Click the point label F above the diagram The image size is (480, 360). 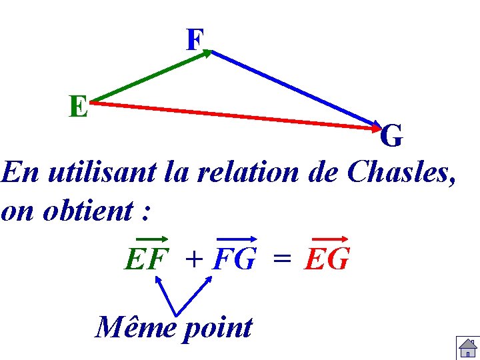click(x=194, y=40)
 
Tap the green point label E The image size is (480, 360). click(x=79, y=106)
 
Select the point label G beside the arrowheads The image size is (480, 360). click(x=391, y=137)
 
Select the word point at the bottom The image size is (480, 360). click(x=217, y=329)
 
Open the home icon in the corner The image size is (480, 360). click(x=466, y=347)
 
